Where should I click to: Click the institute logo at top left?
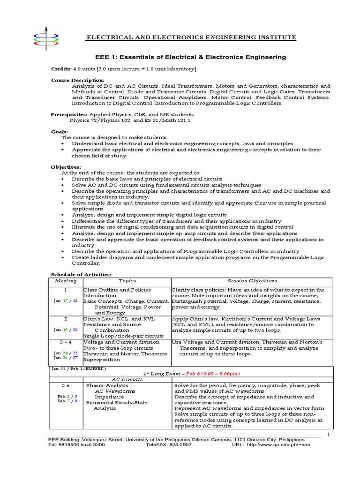[x=45, y=37]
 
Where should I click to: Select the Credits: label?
[x=61, y=69]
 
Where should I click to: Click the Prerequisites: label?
[x=68, y=114]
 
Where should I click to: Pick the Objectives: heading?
[x=66, y=167]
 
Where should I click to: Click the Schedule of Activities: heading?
[x=81, y=275]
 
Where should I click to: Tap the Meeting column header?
[x=66, y=281]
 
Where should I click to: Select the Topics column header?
[x=127, y=281]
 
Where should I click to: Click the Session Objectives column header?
[x=252, y=281]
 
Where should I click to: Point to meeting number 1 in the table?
[x=66, y=290]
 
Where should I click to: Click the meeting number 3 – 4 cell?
[x=66, y=342]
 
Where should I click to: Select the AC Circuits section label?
[x=127, y=379]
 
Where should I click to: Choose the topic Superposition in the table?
[x=102, y=360]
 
